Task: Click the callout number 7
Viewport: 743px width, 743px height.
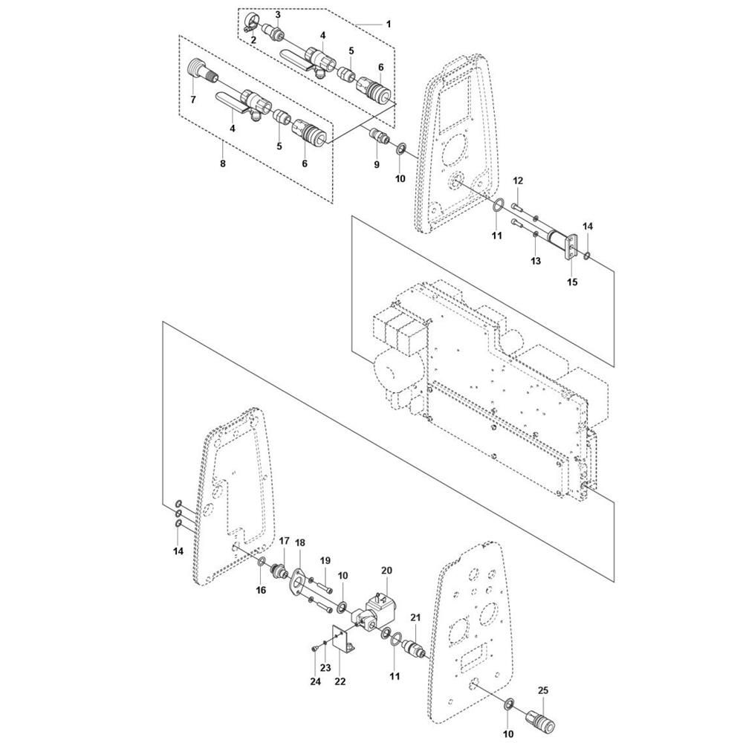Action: [x=193, y=99]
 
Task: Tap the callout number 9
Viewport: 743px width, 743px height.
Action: [x=377, y=163]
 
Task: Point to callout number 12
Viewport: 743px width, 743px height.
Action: [x=518, y=181]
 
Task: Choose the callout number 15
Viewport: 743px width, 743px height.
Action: [x=572, y=282]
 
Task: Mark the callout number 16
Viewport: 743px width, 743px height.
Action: [x=261, y=590]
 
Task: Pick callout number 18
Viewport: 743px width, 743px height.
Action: [x=299, y=543]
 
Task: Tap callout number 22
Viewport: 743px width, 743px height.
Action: [x=340, y=681]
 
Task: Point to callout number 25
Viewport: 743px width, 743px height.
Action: [x=542, y=691]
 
